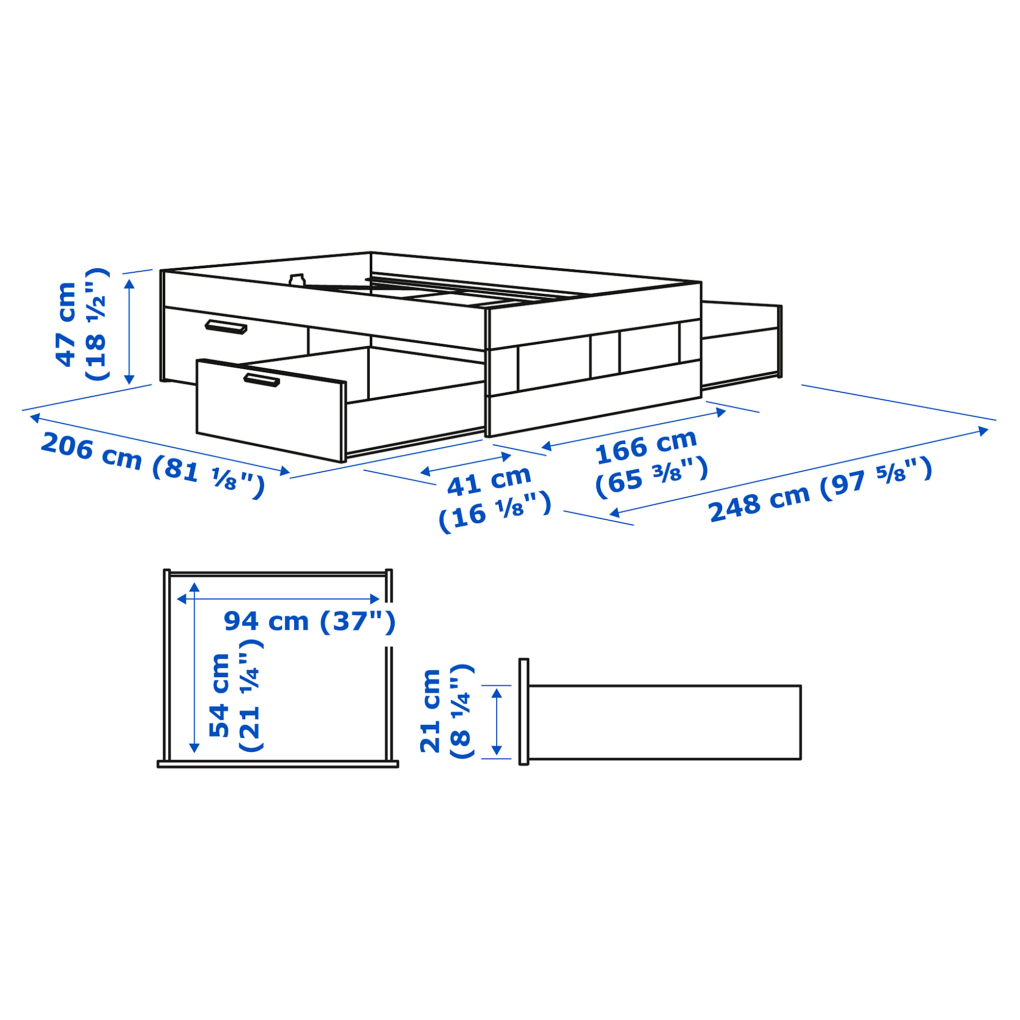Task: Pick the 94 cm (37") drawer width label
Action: coord(310,621)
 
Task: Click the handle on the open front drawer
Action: coord(261,379)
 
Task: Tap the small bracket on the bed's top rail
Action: coord(298,279)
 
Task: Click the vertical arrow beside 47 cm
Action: coord(130,332)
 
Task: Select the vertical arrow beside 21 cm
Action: coord(496,722)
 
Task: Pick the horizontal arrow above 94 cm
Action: coord(278,599)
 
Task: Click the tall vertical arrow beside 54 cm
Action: coord(194,668)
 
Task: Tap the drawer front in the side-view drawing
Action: coord(524,711)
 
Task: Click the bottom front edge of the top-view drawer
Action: coord(278,764)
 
